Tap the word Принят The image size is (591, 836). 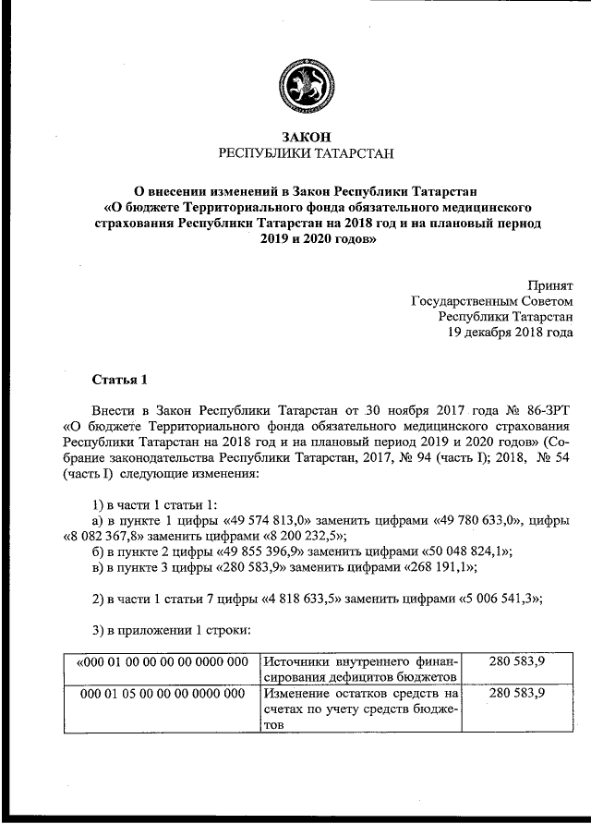[549, 285]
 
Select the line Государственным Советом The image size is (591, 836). [491, 301]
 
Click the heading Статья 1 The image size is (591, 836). [120, 380]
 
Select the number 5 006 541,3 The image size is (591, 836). [498, 598]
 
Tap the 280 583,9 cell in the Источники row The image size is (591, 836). [515, 660]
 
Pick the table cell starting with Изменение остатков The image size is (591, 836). [362, 709]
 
